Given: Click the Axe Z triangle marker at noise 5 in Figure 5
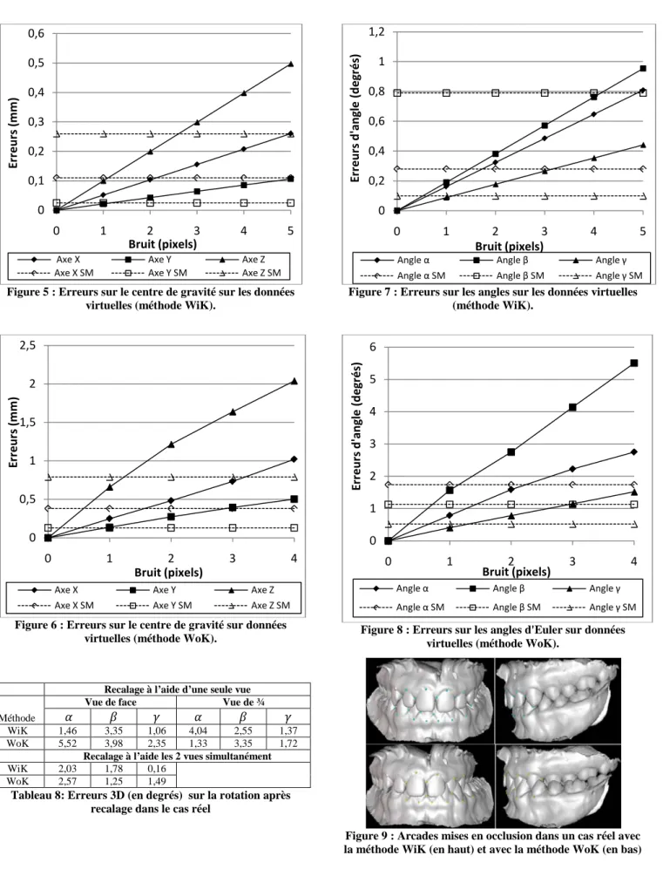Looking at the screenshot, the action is [x=291, y=64].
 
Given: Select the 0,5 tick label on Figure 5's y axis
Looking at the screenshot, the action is [x=37, y=63].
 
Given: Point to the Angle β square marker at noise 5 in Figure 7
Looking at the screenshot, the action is [x=642, y=68].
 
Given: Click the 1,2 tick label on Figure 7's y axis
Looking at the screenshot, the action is [x=376, y=32].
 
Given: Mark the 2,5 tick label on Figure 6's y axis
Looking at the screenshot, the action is [x=28, y=345].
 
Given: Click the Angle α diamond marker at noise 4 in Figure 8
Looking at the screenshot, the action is [x=633, y=451].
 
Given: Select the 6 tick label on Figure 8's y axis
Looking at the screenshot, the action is [x=373, y=347].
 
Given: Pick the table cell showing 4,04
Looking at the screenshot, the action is [x=198, y=730].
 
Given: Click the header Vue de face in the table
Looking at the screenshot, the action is [x=111, y=702].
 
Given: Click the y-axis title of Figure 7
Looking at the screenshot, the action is [x=355, y=118].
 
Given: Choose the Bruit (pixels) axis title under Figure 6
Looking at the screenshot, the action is [x=168, y=572].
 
